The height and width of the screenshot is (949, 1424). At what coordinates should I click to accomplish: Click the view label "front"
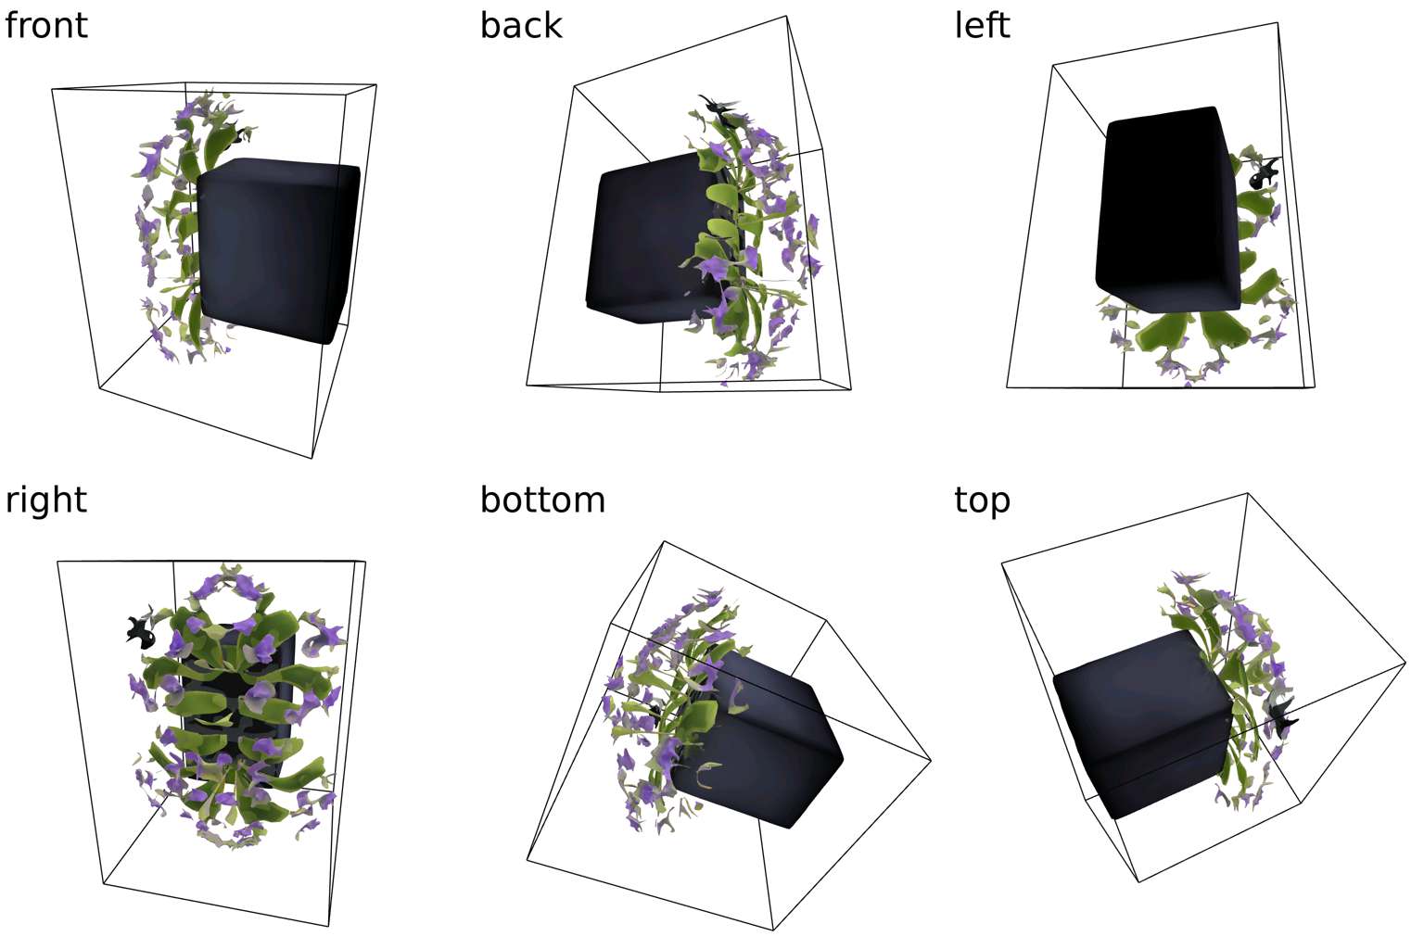point(45,26)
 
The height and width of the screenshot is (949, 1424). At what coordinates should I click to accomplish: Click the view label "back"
point(521,26)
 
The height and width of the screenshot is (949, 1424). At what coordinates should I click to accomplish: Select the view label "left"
point(982,26)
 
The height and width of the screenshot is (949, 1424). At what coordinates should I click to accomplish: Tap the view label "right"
point(45,500)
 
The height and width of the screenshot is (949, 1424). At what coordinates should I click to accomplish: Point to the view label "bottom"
point(542,500)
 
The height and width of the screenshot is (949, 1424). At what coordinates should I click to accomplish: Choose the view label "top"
point(982,501)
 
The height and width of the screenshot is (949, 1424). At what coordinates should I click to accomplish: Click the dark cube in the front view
point(278,250)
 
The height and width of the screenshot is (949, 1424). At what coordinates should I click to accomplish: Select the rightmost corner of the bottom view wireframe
point(932,760)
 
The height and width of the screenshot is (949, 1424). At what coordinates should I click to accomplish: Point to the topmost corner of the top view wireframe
point(1247,493)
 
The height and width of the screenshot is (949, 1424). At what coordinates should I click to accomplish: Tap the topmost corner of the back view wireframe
point(786,16)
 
